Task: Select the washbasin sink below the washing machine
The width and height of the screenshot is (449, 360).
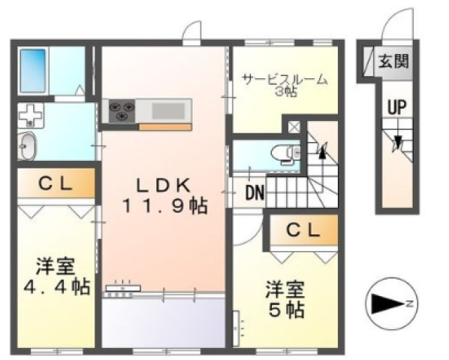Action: pyautogui.click(x=26, y=145)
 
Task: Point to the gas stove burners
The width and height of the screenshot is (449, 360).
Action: pyautogui.click(x=122, y=111)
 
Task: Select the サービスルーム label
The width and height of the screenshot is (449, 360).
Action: pyautogui.click(x=284, y=78)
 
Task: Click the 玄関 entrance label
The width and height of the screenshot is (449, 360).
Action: pyautogui.click(x=393, y=62)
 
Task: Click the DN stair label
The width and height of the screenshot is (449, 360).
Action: pyautogui.click(x=255, y=192)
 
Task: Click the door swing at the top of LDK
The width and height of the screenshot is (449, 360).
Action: pyautogui.click(x=192, y=32)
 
